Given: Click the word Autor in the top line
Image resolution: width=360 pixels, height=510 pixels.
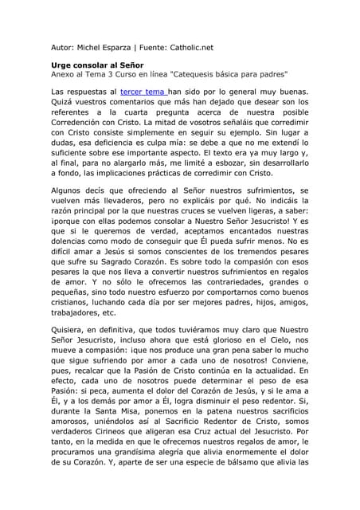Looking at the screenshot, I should (63, 47).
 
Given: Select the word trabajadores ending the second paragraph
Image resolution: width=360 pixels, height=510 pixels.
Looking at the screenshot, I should (78, 312).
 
